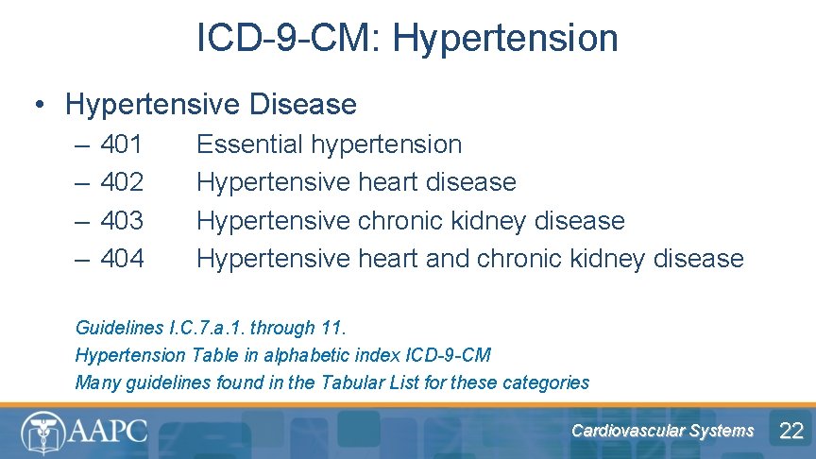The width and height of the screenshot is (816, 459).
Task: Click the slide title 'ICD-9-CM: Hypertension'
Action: pyautogui.click(x=407, y=39)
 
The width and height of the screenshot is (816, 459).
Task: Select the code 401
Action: pyautogui.click(x=122, y=144)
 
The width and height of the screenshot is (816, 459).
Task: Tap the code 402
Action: pyautogui.click(x=122, y=182)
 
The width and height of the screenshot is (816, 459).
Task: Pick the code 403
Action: pyautogui.click(x=122, y=220)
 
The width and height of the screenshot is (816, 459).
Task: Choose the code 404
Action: pyautogui.click(x=122, y=258)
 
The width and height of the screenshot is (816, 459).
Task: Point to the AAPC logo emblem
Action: pyautogui.click(x=42, y=433)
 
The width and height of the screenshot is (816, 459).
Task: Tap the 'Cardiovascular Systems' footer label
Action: pyautogui.click(x=662, y=431)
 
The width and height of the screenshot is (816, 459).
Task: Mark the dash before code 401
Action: pyautogui.click(x=82, y=144)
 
